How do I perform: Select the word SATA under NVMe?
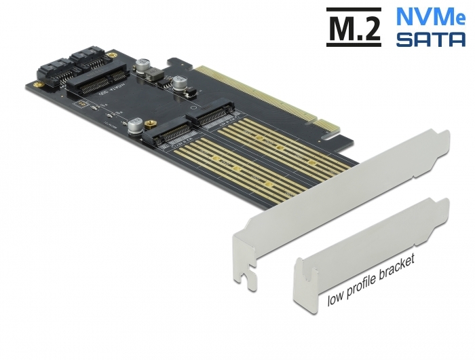point(430,39)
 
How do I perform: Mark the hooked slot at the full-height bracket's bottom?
point(248,274)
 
